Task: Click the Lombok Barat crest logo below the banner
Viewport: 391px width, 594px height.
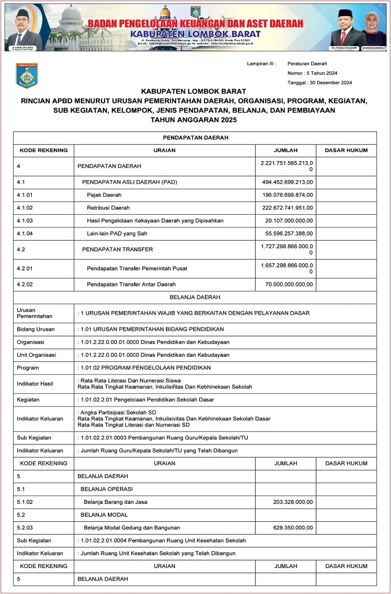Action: pyautogui.click(x=27, y=75)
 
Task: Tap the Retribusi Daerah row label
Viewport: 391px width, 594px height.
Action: pyautogui.click(x=108, y=208)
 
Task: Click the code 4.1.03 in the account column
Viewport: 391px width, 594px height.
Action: pyautogui.click(x=25, y=221)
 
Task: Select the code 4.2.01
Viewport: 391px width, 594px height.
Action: pyautogui.click(x=25, y=268)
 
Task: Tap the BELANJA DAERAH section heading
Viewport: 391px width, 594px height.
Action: pyautogui.click(x=195, y=297)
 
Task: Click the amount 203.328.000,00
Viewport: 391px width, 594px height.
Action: pyautogui.click(x=293, y=502)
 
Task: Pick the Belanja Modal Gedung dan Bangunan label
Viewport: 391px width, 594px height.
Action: pyautogui.click(x=132, y=527)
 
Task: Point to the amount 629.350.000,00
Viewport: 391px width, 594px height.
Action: pyautogui.click(x=293, y=527)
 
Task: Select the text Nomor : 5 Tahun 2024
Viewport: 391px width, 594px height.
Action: pyautogui.click(x=312, y=73)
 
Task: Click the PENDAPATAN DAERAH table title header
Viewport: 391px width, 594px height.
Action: pyautogui.click(x=195, y=138)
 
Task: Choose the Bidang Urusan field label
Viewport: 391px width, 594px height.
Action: pyautogui.click(x=36, y=329)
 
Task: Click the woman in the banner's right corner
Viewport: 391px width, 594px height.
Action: pyautogui.click(x=374, y=29)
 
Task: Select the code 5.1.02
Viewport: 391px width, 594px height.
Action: pyautogui.click(x=25, y=502)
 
